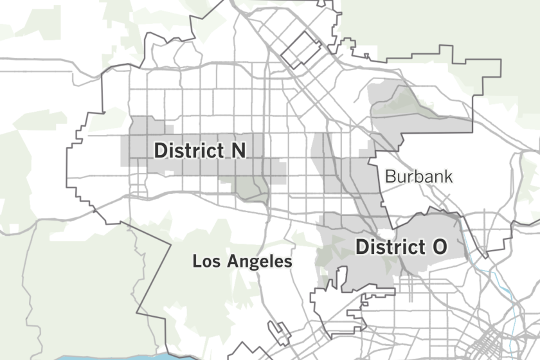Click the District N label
[199, 150]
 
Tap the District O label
[401, 247]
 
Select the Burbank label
[419, 176]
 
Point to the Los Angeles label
[242, 262]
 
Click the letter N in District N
[238, 150]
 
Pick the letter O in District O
[439, 247]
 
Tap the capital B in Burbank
[390, 176]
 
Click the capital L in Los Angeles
[197, 262]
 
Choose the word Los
[206, 262]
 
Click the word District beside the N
[189, 150]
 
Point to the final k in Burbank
[448, 176]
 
